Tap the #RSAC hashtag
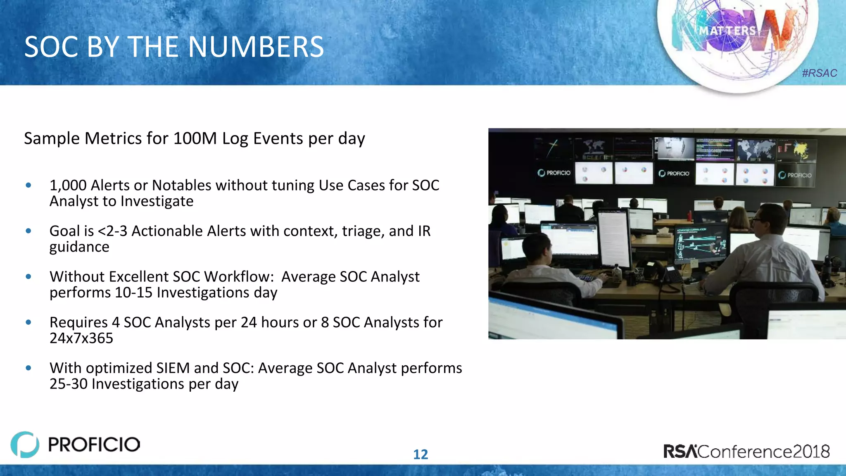point(819,73)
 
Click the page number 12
point(421,455)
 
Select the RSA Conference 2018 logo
point(746,451)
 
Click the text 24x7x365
point(81,338)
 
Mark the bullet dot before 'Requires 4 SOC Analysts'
point(29,322)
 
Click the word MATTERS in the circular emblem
point(727,31)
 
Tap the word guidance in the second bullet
point(79,247)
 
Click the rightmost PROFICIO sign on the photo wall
point(795,175)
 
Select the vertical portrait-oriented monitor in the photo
point(614,238)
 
